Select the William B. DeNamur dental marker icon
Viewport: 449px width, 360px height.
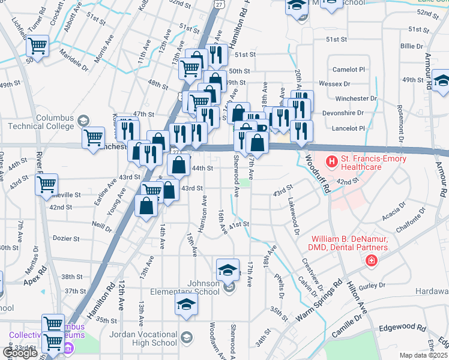(372, 260)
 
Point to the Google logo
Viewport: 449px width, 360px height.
(20, 353)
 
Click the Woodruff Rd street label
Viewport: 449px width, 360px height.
(318, 175)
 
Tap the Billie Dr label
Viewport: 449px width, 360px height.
(412, 46)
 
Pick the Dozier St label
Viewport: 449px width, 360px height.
(65, 239)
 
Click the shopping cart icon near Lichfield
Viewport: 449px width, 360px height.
(37, 46)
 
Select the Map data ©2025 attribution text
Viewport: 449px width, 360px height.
(424, 355)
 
